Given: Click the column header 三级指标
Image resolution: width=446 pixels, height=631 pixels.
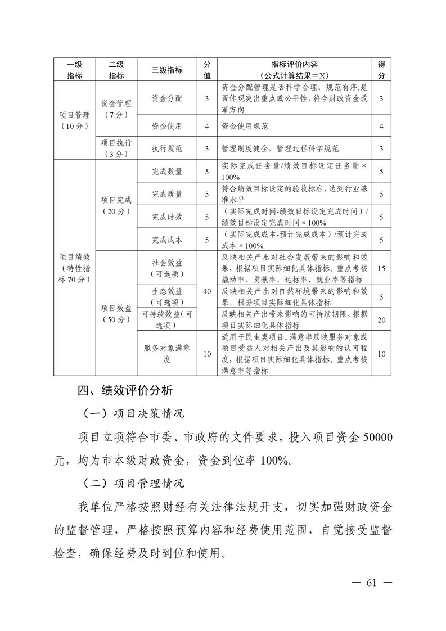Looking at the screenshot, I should pos(167,70).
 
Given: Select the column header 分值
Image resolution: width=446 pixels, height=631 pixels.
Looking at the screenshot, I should pos(207,70).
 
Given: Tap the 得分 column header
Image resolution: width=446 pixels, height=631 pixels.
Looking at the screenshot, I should pos(381,70).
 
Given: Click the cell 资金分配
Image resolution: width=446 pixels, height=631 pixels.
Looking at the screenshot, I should pos(167,98).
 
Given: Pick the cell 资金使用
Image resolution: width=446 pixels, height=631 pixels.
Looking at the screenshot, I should pos(167,126).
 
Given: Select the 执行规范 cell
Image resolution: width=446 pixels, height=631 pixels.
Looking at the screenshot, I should pos(167,148).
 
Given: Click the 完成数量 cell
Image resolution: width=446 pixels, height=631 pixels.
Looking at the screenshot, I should pos(167,172).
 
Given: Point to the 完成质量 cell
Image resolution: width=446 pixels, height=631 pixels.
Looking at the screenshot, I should pos(167,194).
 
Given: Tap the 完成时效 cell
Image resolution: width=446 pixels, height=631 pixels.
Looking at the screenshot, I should pos(167,217).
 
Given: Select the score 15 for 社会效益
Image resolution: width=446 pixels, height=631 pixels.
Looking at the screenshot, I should pos(381,268).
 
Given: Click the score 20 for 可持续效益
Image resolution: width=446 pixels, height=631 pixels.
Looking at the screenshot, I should pos(381,320).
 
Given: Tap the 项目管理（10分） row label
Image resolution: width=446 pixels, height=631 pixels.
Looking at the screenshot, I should pos(74,120).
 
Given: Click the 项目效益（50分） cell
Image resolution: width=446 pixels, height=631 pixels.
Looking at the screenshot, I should pos(116,313).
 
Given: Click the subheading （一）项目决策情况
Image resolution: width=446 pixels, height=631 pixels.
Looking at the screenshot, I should pos(133,414).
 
